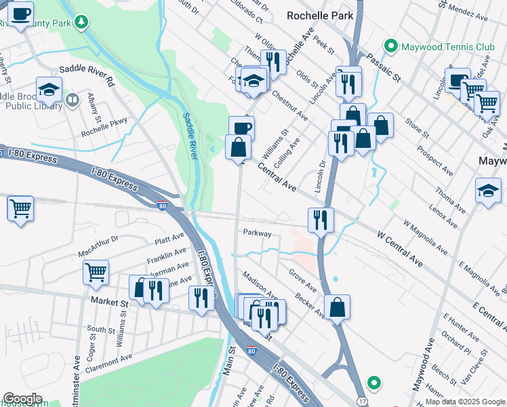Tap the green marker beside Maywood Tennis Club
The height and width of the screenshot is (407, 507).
click(x=390, y=46)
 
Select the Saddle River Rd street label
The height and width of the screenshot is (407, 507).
click(x=87, y=73)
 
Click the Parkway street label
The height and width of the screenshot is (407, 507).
click(x=257, y=233)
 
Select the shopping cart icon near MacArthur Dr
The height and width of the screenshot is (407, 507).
click(x=96, y=272)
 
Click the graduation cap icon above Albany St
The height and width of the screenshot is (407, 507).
click(x=49, y=89)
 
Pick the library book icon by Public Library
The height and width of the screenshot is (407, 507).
click(x=73, y=101)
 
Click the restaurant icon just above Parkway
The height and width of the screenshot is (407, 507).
click(x=321, y=219)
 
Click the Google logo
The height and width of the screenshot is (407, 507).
click(x=22, y=399)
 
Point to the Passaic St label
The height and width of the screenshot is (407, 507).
click(x=380, y=69)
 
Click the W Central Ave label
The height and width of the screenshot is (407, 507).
click(x=399, y=248)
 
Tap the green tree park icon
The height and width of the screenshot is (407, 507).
click(x=82, y=22)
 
